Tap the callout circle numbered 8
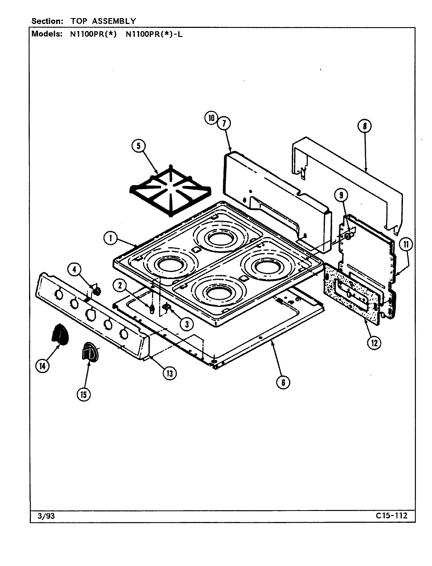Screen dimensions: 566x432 [364, 126]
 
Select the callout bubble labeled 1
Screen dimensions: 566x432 [111, 237]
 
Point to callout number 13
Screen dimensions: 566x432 [169, 373]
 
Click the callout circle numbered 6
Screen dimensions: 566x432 [283, 381]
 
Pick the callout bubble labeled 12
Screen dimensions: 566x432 [373, 343]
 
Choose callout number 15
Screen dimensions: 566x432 [83, 394]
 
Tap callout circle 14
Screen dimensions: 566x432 [42, 366]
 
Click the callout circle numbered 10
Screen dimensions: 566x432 [211, 118]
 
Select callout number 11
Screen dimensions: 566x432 [406, 244]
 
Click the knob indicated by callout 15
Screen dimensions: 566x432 [90, 351]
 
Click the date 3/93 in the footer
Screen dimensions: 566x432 [43, 516]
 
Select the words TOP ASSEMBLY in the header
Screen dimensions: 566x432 [103, 21]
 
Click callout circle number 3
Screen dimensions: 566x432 [187, 323]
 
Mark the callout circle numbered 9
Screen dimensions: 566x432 [341, 195]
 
